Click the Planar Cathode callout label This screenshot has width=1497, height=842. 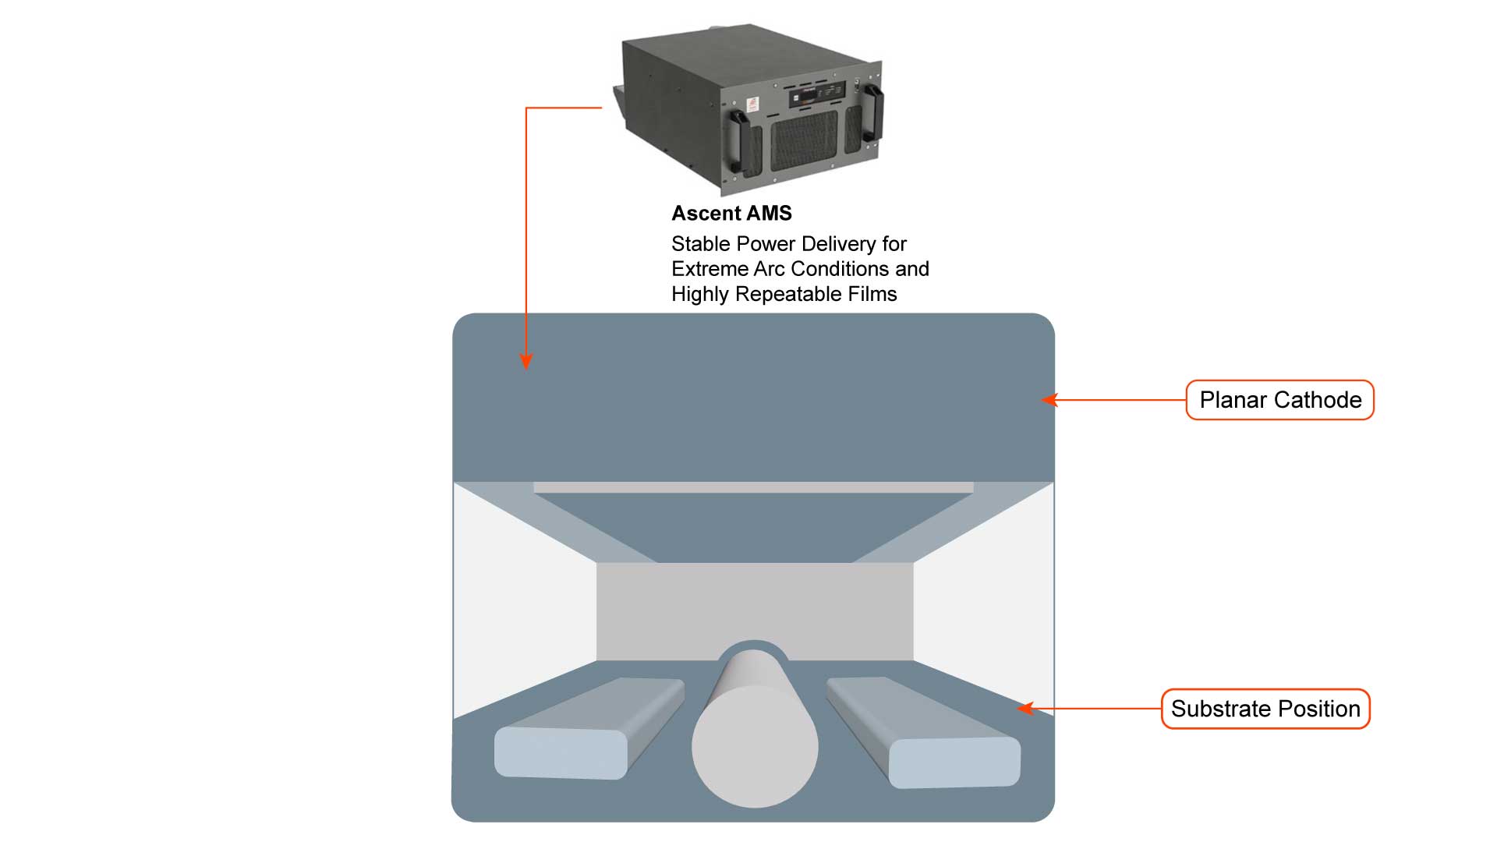click(1279, 400)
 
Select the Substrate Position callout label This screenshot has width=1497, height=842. click(1265, 709)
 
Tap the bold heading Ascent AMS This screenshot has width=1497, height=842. click(731, 213)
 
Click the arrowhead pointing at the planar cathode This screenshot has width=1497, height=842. click(1049, 400)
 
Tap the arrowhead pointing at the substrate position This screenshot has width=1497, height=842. click(1025, 709)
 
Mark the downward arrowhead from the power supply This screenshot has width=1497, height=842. click(526, 363)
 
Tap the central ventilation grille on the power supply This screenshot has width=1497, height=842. click(804, 140)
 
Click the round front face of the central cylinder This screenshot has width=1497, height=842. click(755, 746)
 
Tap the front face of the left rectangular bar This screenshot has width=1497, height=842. click(561, 753)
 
